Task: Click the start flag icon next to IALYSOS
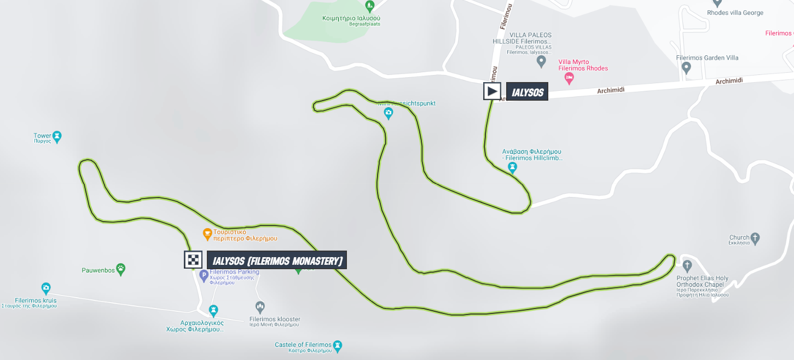[x=492, y=91]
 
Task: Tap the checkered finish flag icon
[x=193, y=259]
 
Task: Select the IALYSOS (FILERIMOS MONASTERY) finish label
[x=277, y=260]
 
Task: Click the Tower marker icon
[x=57, y=135]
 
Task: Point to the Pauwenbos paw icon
[x=120, y=269]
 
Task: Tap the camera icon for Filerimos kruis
[x=46, y=288]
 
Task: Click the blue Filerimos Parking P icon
[x=204, y=275]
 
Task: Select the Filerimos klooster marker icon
[x=260, y=306]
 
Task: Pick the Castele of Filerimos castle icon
[x=338, y=345]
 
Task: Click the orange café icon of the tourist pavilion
[x=207, y=234]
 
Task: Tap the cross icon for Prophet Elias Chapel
[x=687, y=266]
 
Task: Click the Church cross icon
[x=755, y=237]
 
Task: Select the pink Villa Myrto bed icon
[x=569, y=79]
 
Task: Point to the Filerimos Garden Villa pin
[x=686, y=68]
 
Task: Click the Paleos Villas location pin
[x=541, y=61]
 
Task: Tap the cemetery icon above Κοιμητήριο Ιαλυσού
[x=370, y=6]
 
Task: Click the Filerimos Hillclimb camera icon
[x=512, y=167]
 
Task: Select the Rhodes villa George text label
[x=735, y=13]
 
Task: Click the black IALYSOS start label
[x=527, y=91]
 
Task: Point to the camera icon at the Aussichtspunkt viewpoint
[x=388, y=113]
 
